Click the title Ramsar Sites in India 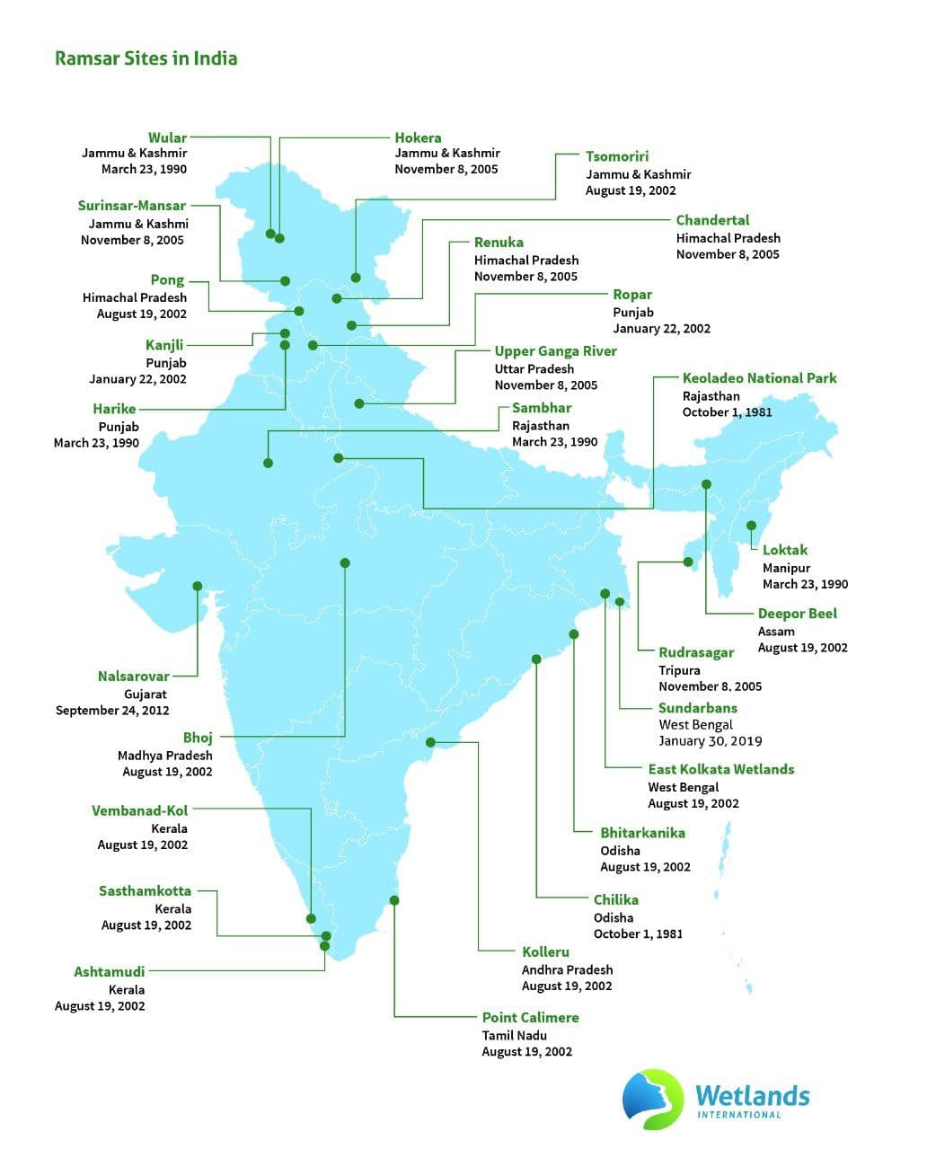146,58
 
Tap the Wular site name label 167,137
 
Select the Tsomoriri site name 617,156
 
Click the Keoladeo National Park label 759,378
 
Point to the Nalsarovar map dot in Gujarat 198,586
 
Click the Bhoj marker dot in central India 345,563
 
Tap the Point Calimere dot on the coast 394,900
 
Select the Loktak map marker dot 751,526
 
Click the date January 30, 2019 710,741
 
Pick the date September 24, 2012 112,710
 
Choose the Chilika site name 615,899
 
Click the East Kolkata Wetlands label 720,769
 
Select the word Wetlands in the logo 752,1095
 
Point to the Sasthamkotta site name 145,890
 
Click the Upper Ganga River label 555,351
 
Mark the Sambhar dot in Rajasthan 268,463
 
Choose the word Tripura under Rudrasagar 679,670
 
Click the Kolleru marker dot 431,742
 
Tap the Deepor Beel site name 797,614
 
